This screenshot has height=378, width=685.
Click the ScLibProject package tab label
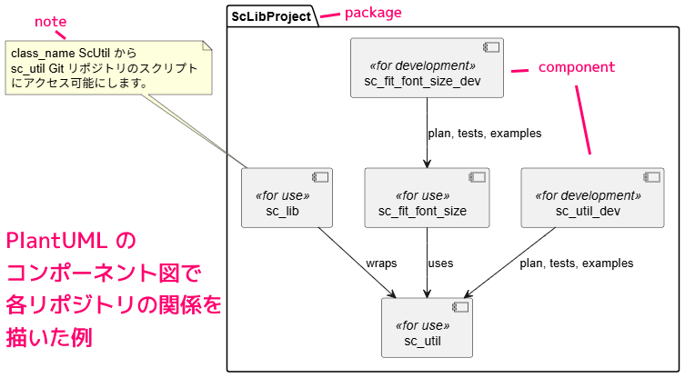(x=271, y=15)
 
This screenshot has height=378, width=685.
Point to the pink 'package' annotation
(x=373, y=13)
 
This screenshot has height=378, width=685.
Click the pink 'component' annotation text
(x=577, y=67)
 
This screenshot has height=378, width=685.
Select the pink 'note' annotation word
(x=50, y=20)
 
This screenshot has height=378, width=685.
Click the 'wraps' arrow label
(x=381, y=264)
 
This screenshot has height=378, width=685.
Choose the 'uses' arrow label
(x=440, y=264)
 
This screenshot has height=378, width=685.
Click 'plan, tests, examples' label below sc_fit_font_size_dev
(x=484, y=134)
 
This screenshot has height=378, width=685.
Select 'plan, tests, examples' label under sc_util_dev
(x=576, y=264)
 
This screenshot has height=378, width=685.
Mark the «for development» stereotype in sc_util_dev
(x=587, y=195)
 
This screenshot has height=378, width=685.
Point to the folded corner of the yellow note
(x=207, y=46)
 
